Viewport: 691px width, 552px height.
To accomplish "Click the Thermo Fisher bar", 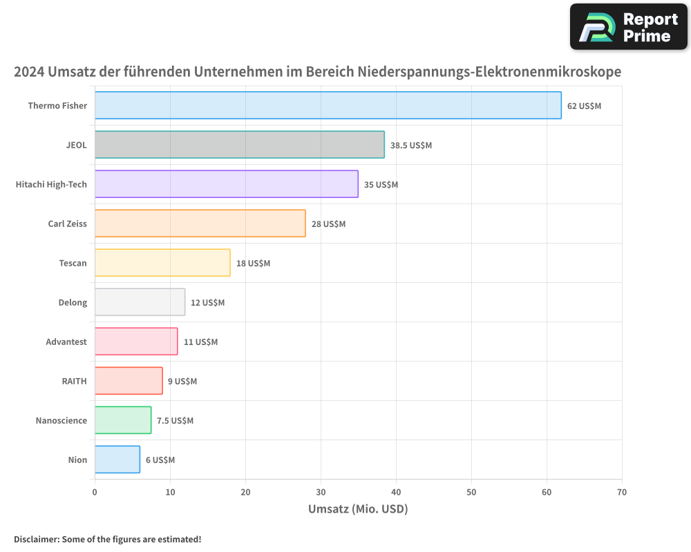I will tap(328, 106).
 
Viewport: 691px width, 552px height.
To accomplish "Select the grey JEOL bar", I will tap(239, 145).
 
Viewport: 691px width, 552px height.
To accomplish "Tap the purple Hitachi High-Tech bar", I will tap(226, 184).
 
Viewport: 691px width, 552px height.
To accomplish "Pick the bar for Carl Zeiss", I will tap(200, 224).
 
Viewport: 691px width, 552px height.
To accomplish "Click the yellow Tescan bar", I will tap(162, 263).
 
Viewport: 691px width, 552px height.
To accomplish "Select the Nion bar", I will tap(117, 460).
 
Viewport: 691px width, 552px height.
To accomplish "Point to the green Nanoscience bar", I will tap(123, 420).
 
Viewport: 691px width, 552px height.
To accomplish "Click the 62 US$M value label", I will tap(584, 106).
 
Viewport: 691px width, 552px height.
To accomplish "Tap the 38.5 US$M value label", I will tap(410, 146).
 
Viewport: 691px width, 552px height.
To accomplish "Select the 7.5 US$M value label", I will tap(175, 421).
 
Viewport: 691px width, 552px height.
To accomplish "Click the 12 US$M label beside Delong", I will tap(207, 303).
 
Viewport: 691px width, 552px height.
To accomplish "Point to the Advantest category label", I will tap(66, 342).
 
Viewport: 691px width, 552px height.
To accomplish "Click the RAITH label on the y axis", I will tap(74, 382).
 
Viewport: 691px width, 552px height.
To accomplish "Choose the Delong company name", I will tap(73, 303).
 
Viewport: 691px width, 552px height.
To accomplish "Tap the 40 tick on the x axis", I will tap(396, 492).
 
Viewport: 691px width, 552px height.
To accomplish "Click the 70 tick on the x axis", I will tap(622, 492).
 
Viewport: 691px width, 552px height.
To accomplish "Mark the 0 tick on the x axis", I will tap(95, 492).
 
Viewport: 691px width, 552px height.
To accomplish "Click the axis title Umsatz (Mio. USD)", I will tap(358, 509).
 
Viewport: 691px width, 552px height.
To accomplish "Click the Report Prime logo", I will tap(628, 27).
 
